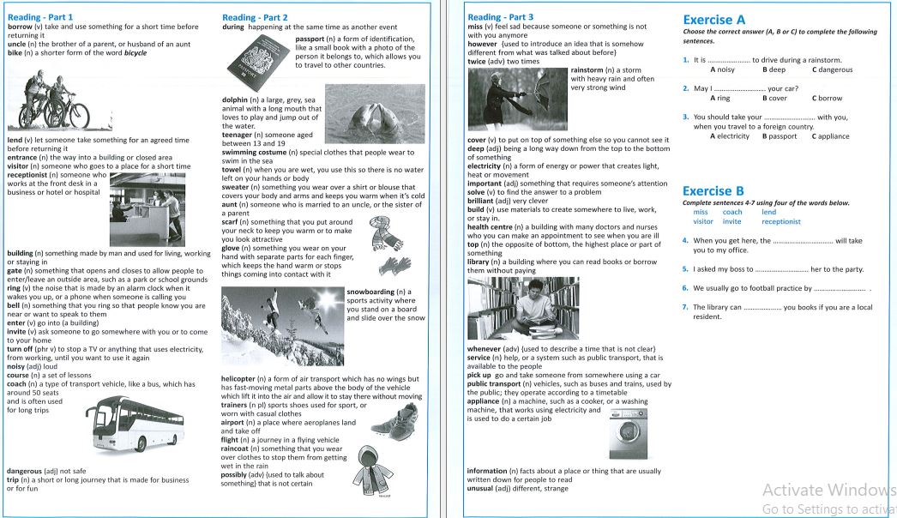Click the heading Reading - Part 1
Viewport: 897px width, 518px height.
[x=39, y=17]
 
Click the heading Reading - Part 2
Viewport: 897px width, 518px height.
[x=255, y=17]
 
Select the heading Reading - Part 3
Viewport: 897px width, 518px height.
[x=500, y=17]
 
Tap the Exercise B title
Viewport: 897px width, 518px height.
[x=713, y=190]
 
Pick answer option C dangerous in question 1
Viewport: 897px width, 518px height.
[x=832, y=70]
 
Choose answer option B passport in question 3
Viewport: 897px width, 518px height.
[x=780, y=136]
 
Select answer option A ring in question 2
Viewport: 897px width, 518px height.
[x=719, y=99]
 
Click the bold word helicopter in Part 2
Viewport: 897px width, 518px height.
[x=240, y=378]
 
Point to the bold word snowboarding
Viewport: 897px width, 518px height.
[x=374, y=292]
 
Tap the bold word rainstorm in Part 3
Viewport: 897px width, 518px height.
[x=587, y=70]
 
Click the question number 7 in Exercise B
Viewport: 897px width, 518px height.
[x=685, y=307]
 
